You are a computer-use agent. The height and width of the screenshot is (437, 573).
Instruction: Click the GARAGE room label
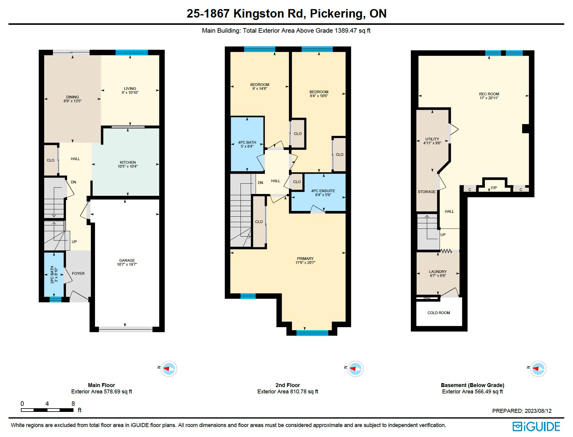click(127, 260)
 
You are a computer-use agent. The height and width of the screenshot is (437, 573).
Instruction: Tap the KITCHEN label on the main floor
click(128, 162)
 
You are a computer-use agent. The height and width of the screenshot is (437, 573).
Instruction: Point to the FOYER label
click(78, 273)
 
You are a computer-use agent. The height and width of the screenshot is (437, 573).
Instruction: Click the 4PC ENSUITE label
click(323, 191)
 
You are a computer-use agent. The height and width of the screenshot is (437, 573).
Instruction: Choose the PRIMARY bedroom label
click(305, 258)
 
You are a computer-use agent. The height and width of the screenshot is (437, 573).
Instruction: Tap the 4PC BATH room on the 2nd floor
click(247, 144)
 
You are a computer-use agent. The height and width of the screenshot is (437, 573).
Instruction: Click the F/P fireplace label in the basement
click(494, 188)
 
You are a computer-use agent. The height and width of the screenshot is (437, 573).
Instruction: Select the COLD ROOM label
click(439, 313)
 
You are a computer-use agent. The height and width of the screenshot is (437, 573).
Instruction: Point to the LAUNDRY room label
click(438, 271)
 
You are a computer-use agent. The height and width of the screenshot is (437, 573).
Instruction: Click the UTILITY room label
click(432, 139)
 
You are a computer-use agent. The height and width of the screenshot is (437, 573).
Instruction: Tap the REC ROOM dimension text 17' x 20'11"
click(489, 98)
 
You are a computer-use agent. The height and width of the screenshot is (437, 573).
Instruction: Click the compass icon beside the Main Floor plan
click(169, 369)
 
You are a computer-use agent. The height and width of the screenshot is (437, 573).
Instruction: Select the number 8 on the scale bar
click(73, 403)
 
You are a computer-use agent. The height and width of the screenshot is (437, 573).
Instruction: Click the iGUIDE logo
click(536, 426)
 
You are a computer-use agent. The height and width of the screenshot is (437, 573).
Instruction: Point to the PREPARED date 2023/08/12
click(538, 411)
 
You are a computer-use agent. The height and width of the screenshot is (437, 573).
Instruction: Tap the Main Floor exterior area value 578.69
click(112, 391)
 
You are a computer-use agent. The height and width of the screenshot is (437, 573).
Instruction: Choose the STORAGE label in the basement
click(427, 192)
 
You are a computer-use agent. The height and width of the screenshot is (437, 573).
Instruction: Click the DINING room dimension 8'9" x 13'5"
click(73, 101)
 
